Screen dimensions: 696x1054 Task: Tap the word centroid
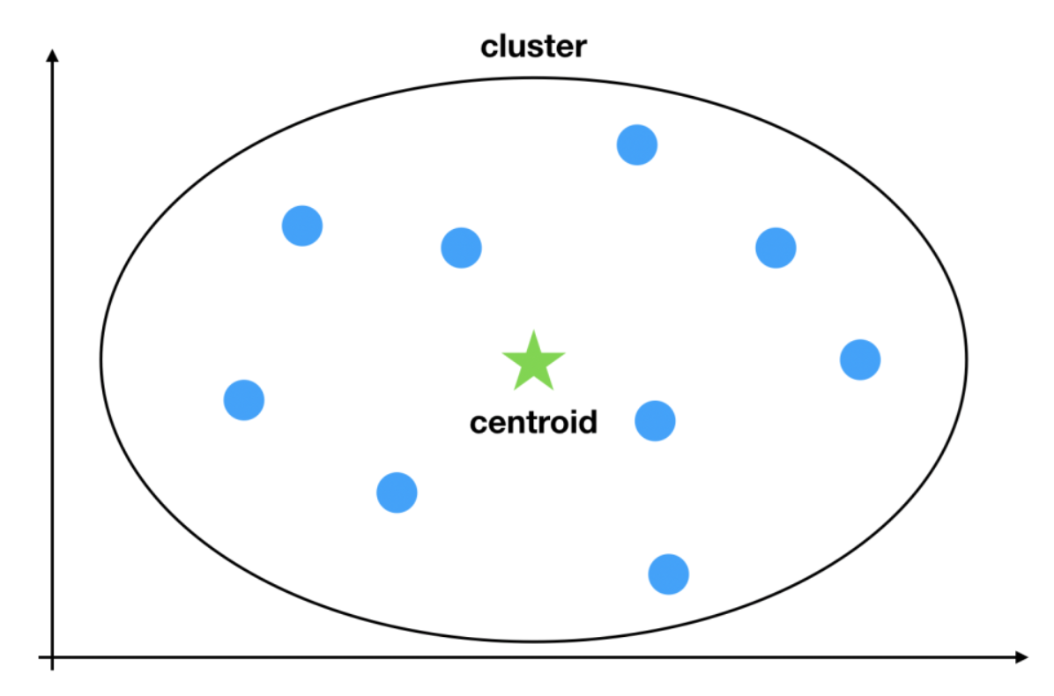(x=533, y=423)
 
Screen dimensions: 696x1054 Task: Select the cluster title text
(x=533, y=47)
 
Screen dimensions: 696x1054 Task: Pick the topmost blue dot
(x=636, y=144)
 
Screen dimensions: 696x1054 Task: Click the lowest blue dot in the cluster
(x=668, y=574)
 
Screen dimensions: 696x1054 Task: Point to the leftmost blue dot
(x=244, y=400)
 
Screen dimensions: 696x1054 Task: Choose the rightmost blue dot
(x=859, y=359)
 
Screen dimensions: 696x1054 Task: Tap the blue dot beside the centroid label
(x=655, y=421)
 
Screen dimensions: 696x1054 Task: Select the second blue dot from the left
(x=302, y=226)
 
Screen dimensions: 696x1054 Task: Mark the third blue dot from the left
(x=397, y=492)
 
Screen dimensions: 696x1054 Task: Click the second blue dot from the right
(x=776, y=248)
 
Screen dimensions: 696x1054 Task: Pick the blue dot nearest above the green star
(x=461, y=248)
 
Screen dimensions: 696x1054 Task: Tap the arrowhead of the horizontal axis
(x=1021, y=657)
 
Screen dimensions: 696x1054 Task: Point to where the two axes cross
(x=53, y=657)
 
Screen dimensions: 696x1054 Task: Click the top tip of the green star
(x=533, y=333)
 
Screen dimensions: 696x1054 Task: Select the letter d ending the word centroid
(x=588, y=423)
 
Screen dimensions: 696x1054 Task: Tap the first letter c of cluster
(x=489, y=48)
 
